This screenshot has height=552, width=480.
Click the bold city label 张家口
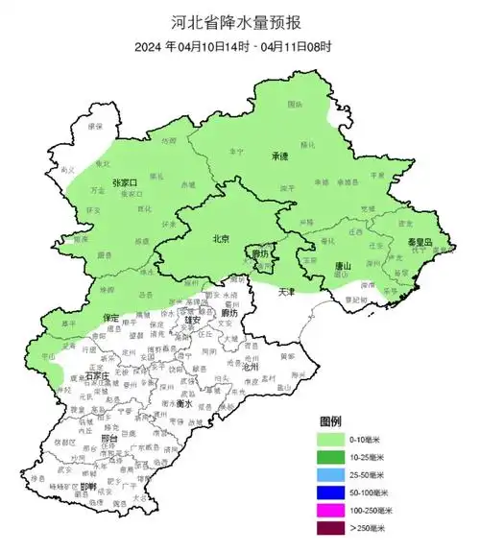coord(126,182)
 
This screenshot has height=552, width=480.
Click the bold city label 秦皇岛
coord(423,242)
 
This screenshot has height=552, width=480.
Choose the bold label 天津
coord(287,290)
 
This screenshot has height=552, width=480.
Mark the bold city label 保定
coord(109,317)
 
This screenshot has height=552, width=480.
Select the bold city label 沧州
coord(251,367)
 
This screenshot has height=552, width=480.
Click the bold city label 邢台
coord(108,439)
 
